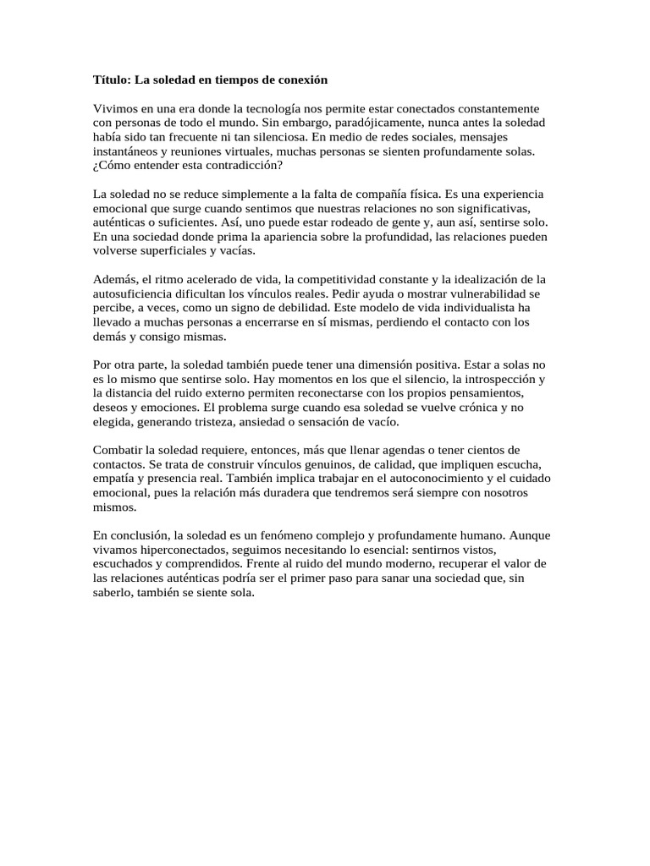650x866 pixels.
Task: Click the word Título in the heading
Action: click(x=110, y=80)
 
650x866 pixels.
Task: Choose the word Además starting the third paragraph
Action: click(x=113, y=280)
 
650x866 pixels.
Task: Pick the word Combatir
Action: click(x=117, y=451)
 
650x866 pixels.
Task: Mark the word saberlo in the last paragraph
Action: click(x=113, y=594)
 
